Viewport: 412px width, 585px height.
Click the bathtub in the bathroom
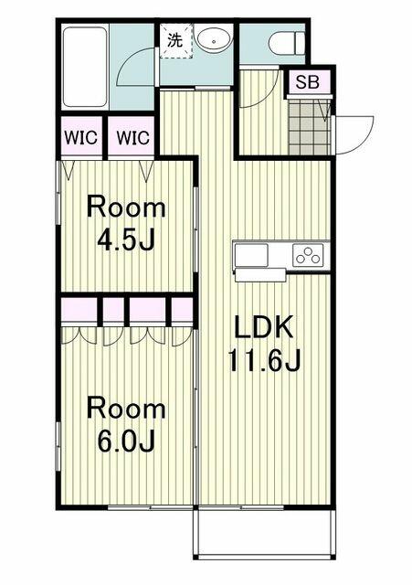[85, 67]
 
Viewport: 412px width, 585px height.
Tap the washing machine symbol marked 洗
[174, 40]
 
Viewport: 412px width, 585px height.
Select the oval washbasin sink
[214, 40]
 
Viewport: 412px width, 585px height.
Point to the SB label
[306, 82]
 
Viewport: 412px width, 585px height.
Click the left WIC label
[82, 139]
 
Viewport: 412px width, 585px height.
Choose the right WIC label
[132, 139]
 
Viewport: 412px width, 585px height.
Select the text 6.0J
[126, 442]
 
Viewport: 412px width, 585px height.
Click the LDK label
[264, 326]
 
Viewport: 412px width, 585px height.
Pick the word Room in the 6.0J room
[126, 408]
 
